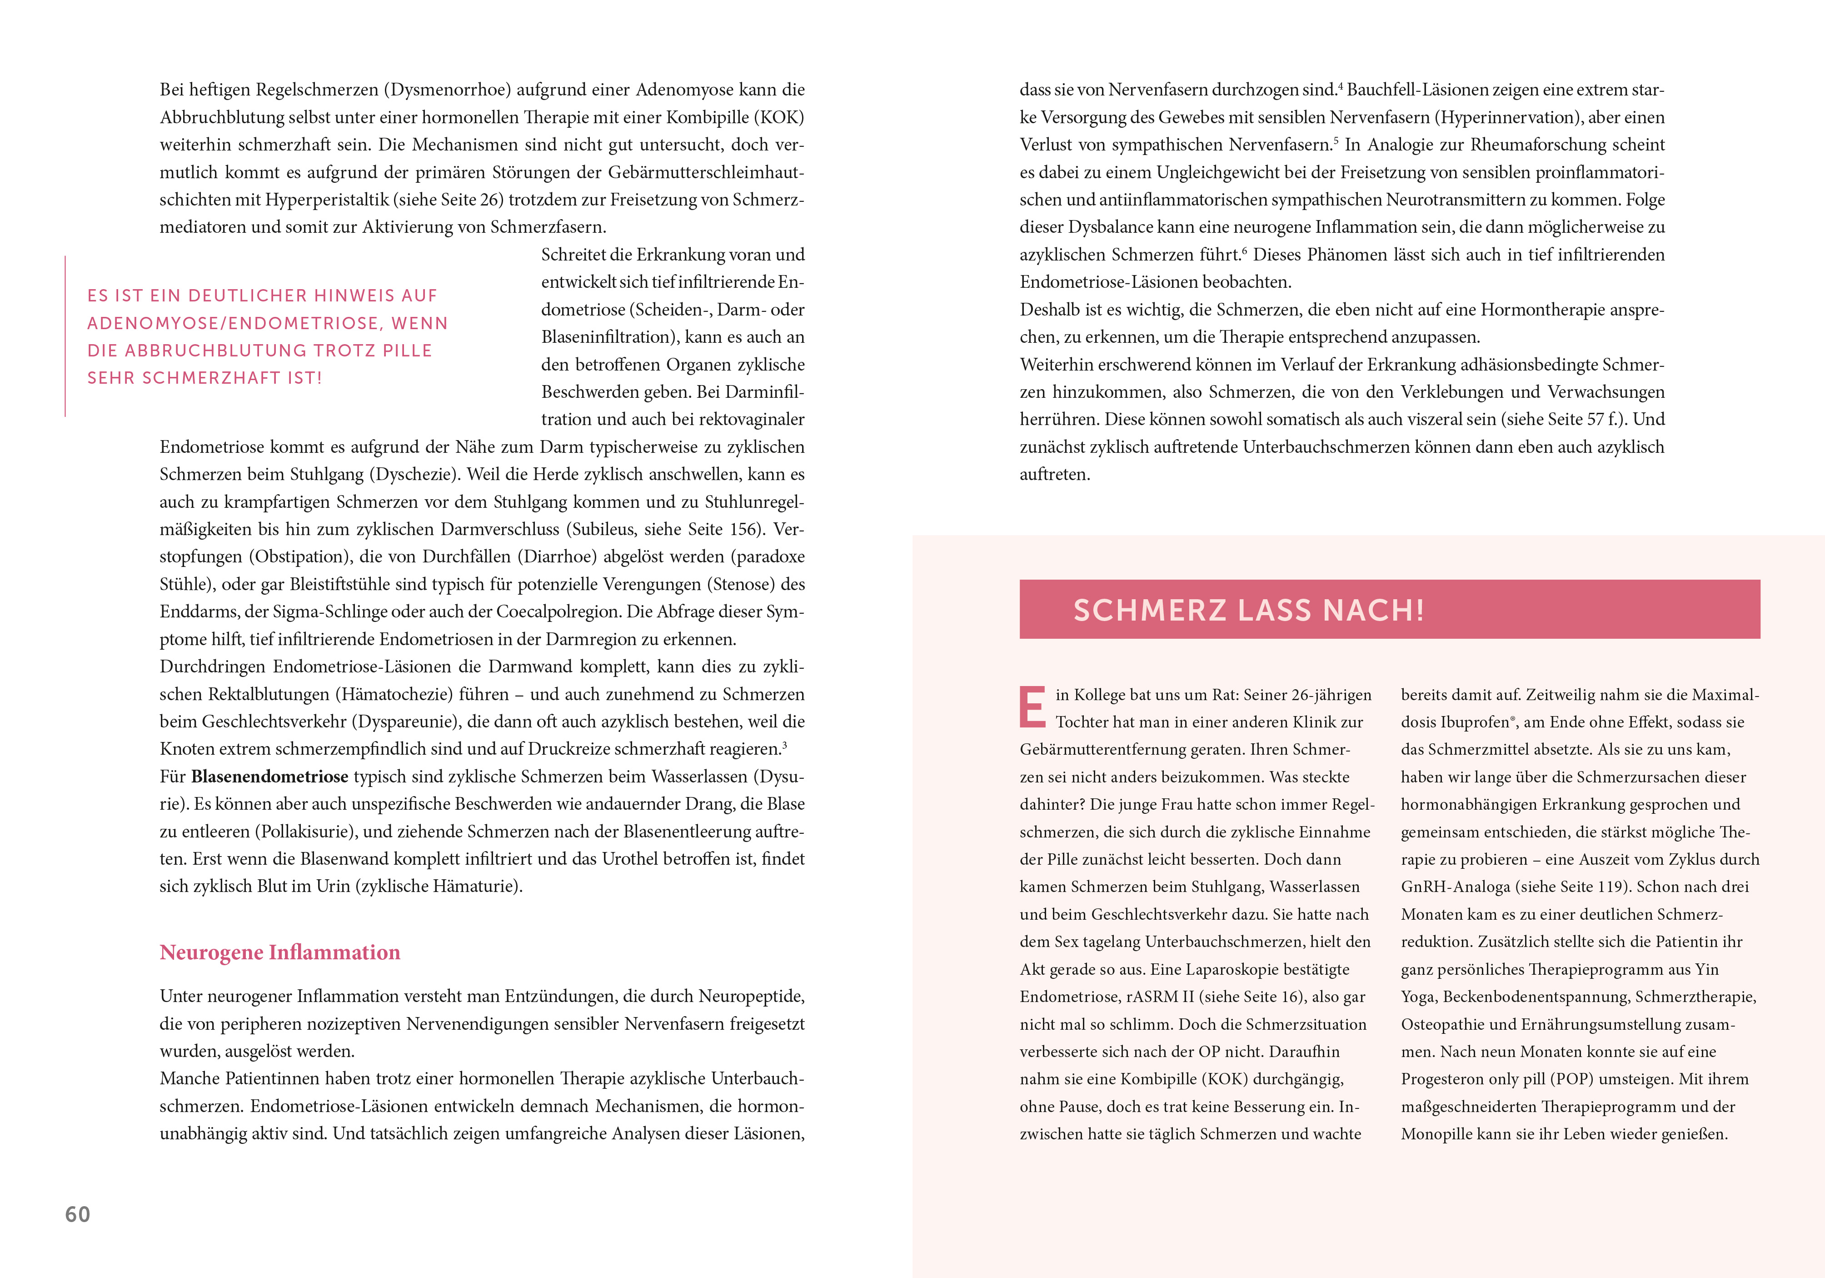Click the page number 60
coord(77,1214)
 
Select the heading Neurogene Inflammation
coord(280,953)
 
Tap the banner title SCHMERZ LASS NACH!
coord(1248,610)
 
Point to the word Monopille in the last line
coord(1436,1134)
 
